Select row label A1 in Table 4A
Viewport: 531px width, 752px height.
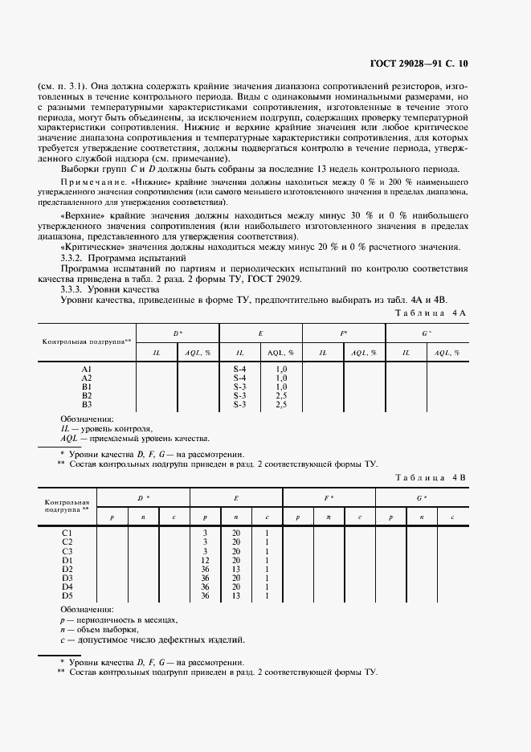(87, 369)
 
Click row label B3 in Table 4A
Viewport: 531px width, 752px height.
(87, 404)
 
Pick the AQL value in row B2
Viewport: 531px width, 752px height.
(281, 395)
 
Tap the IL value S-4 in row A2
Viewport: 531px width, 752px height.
(239, 378)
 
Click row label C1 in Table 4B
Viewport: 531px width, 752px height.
(67, 533)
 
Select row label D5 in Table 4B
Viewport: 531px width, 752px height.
(67, 595)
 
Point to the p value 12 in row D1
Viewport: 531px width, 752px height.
(206, 560)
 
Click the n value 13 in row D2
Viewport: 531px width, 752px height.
(236, 569)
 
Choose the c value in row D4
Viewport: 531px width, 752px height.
(266, 586)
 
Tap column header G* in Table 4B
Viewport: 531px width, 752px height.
(422, 498)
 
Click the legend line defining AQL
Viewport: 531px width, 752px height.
(135, 439)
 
